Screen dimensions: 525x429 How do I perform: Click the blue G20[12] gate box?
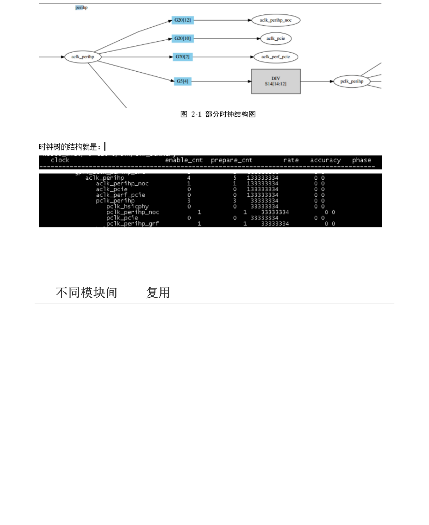pyautogui.click(x=182, y=20)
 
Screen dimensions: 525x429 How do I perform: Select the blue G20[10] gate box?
pyautogui.click(x=182, y=39)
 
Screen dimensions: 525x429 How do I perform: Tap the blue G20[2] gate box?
pyautogui.click(x=182, y=57)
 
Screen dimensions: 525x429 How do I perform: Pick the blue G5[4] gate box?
pyautogui.click(x=182, y=81)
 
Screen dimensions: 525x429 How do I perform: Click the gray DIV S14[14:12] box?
pyautogui.click(x=276, y=81)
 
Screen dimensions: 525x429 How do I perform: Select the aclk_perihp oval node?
pyautogui.click(x=83, y=57)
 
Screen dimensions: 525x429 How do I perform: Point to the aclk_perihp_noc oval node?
pyautogui.click(x=275, y=20)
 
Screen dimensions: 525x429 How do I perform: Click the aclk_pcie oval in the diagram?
pyautogui.click(x=276, y=39)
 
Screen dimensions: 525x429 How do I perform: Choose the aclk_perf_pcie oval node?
pyautogui.click(x=276, y=57)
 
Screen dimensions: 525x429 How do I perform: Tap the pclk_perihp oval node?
pyautogui.click(x=352, y=81)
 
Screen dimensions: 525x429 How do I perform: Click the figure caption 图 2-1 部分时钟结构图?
pyautogui.click(x=218, y=114)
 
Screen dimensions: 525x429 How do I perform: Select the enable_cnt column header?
pyautogui.click(x=184, y=160)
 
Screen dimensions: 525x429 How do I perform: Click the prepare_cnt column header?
pyautogui.click(x=231, y=160)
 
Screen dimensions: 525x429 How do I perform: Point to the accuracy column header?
pyautogui.click(x=325, y=160)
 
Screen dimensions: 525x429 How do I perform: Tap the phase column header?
pyautogui.click(x=362, y=160)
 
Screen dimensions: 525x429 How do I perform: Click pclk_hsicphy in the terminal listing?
pyautogui.click(x=127, y=206)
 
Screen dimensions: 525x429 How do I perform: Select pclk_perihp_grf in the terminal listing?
pyautogui.click(x=132, y=224)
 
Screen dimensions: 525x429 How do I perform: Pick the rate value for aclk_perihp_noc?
pyautogui.click(x=262, y=184)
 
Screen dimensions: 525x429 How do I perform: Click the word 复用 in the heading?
pyautogui.click(x=158, y=292)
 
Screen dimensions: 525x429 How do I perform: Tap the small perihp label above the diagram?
pyautogui.click(x=81, y=8)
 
